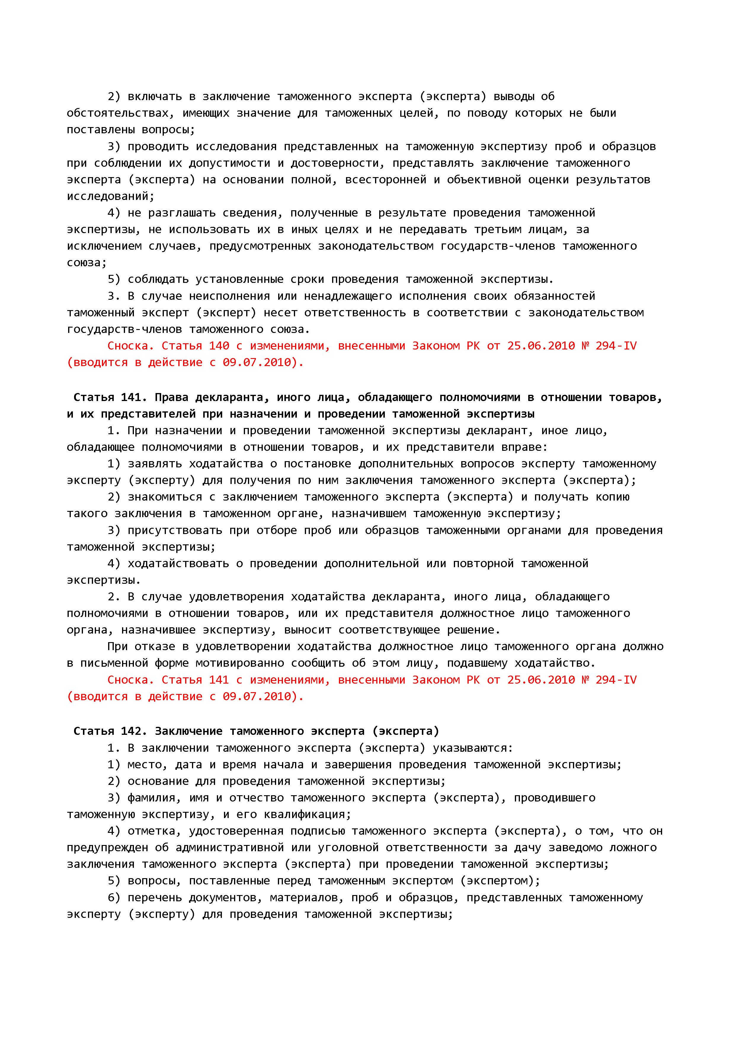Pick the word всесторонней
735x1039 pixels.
coord(386,180)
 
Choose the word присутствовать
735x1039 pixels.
coord(175,530)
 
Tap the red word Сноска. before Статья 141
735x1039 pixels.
coord(131,680)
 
